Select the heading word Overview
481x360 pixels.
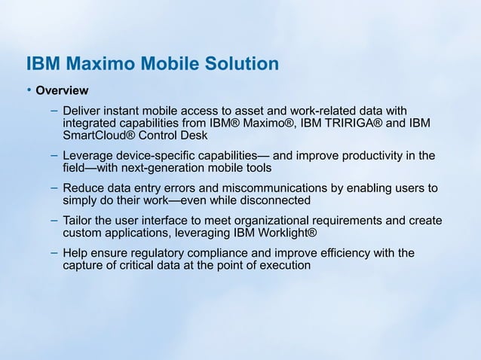pyautogui.click(x=63, y=91)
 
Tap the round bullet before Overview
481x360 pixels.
pyautogui.click(x=29, y=90)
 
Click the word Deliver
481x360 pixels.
pyautogui.click(x=82, y=110)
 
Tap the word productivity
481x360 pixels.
pyautogui.click(x=373, y=156)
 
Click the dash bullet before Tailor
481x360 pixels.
pyautogui.click(x=54, y=220)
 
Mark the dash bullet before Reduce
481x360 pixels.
pyautogui.click(x=54, y=188)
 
